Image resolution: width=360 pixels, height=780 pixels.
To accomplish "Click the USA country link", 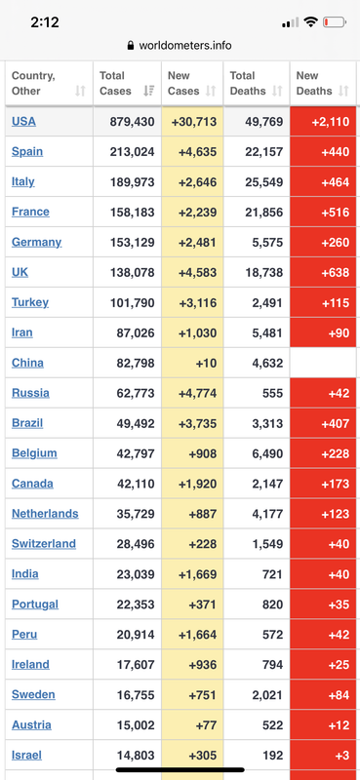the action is (x=23, y=121).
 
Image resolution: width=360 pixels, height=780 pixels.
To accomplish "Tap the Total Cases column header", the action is (x=115, y=83).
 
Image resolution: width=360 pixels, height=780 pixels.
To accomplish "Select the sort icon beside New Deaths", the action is (x=343, y=91).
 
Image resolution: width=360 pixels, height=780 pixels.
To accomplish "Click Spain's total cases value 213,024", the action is (x=132, y=152).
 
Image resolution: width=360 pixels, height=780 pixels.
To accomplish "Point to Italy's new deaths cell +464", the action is (x=323, y=182).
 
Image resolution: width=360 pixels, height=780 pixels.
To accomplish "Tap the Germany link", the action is (x=36, y=242).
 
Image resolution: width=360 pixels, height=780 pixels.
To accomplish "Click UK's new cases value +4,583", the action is (x=198, y=273).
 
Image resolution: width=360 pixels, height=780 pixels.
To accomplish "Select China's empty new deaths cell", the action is (x=323, y=363).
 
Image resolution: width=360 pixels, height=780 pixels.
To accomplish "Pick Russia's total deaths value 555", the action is (x=272, y=394).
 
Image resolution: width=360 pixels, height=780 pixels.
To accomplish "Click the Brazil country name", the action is (x=27, y=423).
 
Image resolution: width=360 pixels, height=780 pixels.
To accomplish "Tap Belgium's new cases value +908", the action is (x=203, y=453).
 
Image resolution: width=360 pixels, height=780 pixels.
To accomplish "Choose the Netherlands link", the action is (x=45, y=514).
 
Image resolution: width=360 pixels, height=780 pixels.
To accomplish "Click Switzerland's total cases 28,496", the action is (x=136, y=544).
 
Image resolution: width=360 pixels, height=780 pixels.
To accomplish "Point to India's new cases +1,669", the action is (x=198, y=574).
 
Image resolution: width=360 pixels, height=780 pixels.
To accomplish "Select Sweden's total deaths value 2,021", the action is (x=267, y=695).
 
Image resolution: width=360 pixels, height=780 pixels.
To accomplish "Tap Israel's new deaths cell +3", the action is (x=323, y=756).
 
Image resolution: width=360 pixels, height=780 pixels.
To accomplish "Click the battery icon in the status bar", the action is (x=334, y=21).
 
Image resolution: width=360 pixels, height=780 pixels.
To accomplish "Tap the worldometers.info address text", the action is (x=185, y=46).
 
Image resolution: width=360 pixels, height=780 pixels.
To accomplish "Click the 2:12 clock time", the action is (x=45, y=22).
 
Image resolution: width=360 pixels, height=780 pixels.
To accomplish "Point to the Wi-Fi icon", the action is (x=310, y=21).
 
